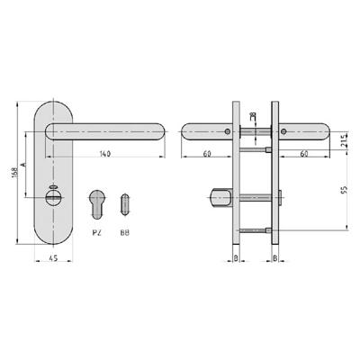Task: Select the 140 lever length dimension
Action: point(105,156)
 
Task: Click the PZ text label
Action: point(96,231)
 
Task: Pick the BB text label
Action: point(123,231)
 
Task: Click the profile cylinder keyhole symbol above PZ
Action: point(96,202)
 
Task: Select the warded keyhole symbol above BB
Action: point(123,202)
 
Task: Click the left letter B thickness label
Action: point(236,261)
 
